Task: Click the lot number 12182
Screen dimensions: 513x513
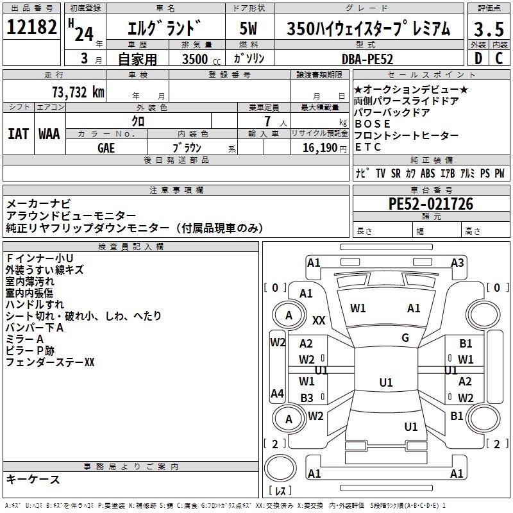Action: tap(32, 28)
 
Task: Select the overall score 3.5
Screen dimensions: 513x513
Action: tap(487, 29)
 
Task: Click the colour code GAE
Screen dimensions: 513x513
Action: tap(106, 147)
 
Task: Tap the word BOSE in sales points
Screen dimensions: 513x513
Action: tap(368, 124)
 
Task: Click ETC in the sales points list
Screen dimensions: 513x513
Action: tap(367, 147)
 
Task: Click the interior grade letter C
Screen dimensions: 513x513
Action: tap(499, 58)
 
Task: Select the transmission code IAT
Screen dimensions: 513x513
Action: tap(19, 134)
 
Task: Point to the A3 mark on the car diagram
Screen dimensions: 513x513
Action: tap(457, 262)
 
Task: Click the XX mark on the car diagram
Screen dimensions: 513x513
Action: tap(319, 320)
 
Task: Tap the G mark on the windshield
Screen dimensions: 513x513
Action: tap(405, 338)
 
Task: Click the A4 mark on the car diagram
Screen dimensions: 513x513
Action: tap(277, 393)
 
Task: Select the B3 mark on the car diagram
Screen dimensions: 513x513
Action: tap(307, 398)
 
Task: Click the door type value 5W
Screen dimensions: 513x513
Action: tap(249, 29)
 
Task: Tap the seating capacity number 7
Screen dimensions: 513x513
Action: tap(267, 121)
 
